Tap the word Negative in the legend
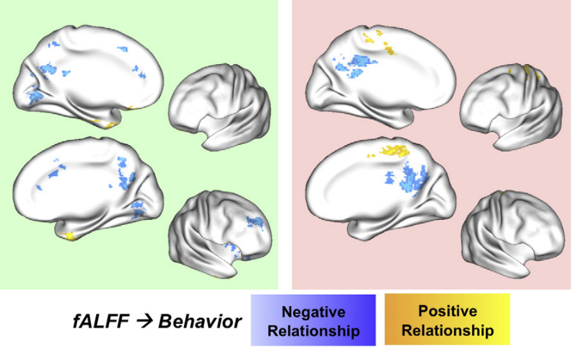(313, 313)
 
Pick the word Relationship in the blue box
(313, 331)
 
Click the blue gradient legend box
(313, 320)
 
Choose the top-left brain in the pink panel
(381, 68)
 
